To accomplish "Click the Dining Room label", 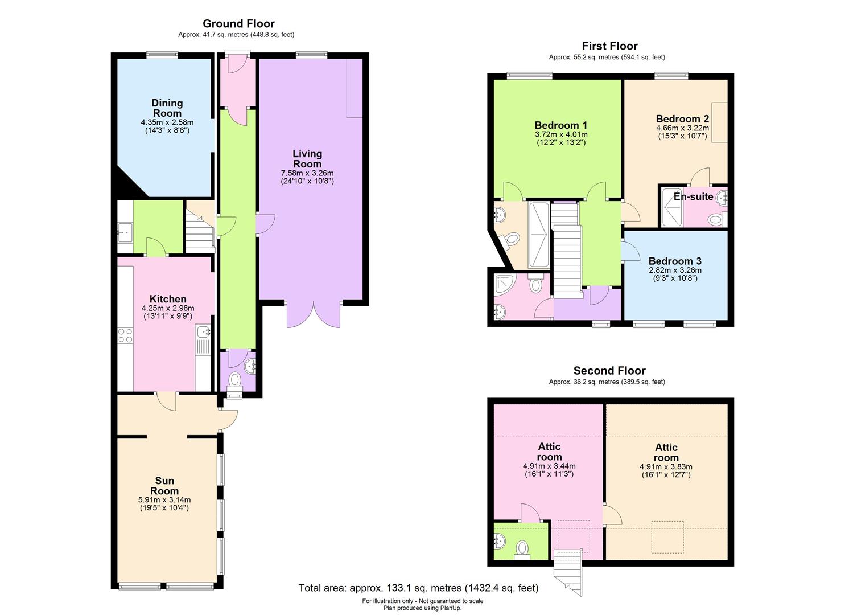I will pyautogui.click(x=167, y=108).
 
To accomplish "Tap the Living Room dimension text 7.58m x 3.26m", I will pyautogui.click(x=307, y=173).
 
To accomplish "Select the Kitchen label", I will pyautogui.click(x=168, y=299).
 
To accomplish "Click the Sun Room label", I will pyautogui.click(x=164, y=486).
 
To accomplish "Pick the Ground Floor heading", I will pyautogui.click(x=238, y=23).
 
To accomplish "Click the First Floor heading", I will pyautogui.click(x=609, y=46).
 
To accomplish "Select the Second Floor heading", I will pyautogui.click(x=609, y=371).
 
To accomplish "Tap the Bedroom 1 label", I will pyautogui.click(x=560, y=125).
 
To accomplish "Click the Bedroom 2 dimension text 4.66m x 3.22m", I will pyautogui.click(x=682, y=128).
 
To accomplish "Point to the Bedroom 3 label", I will pyautogui.click(x=675, y=261).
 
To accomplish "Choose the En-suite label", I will pyautogui.click(x=693, y=196).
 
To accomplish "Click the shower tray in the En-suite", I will pyautogui.click(x=671, y=208).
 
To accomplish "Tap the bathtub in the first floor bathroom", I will pyautogui.click(x=538, y=234).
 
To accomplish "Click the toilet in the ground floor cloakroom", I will pyautogui.click(x=234, y=379).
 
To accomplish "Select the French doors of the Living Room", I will pyautogui.click(x=314, y=313).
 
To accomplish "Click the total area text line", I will pyautogui.click(x=418, y=588).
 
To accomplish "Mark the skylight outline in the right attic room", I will pyautogui.click(x=667, y=537).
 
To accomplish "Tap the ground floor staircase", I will pyautogui.click(x=199, y=228).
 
